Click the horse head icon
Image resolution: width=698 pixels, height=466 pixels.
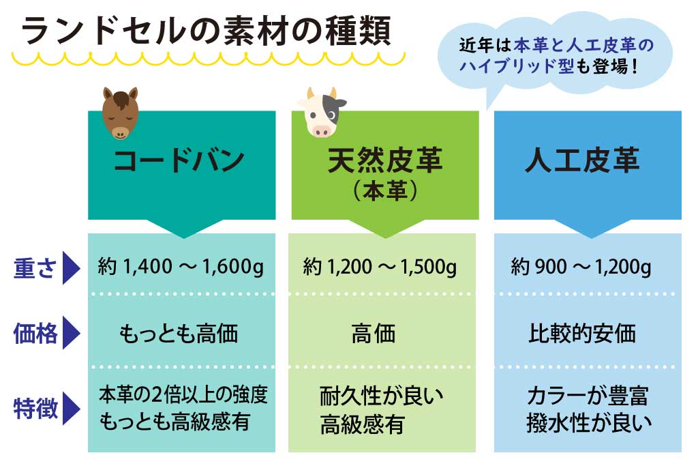(x=120, y=113)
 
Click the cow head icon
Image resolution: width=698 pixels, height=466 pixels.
(x=320, y=113)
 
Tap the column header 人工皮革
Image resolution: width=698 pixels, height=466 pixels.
(x=582, y=161)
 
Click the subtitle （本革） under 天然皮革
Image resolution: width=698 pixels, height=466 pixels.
(x=385, y=192)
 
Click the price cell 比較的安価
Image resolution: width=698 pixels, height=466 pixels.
(x=582, y=334)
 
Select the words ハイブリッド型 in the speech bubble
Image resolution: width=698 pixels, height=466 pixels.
(x=518, y=68)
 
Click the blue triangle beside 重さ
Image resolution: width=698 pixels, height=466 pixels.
(x=72, y=269)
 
